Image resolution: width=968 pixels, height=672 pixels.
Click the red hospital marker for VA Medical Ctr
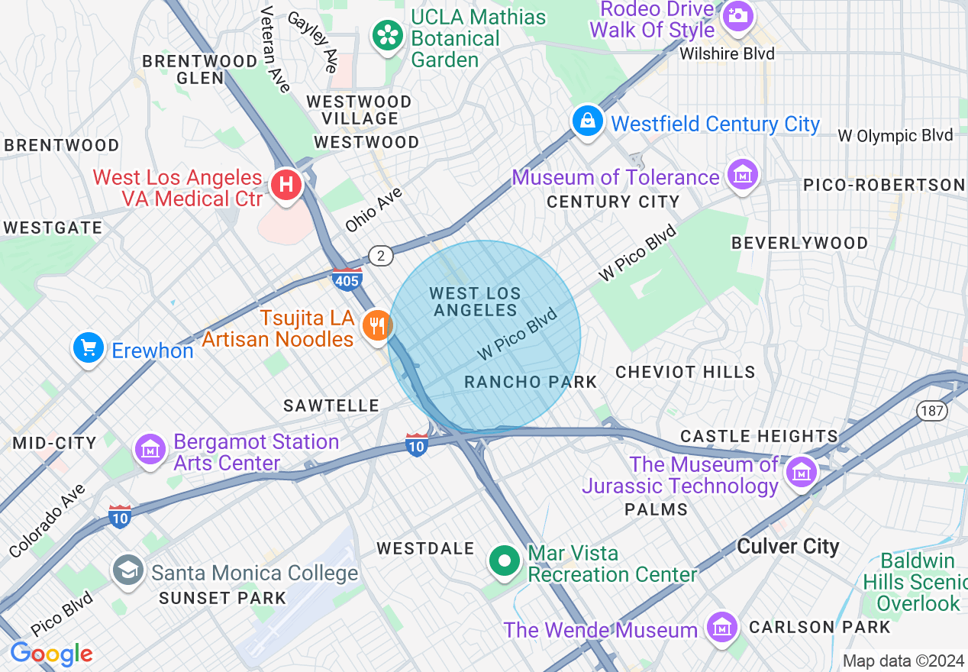tap(286, 185)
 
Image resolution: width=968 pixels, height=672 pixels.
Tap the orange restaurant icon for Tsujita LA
tap(376, 326)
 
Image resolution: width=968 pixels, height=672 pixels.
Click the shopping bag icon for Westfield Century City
tap(587, 122)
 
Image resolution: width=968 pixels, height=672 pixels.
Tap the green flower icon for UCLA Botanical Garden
tap(388, 35)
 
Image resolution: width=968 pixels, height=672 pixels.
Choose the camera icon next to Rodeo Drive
tap(737, 15)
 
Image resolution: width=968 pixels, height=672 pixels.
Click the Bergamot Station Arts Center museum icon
tap(150, 449)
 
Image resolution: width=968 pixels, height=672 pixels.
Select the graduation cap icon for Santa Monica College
tap(127, 570)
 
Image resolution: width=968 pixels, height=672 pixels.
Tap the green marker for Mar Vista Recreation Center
tap(504, 562)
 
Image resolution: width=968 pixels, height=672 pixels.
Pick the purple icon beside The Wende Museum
tap(721, 628)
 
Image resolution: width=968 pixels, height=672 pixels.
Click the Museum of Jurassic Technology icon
tap(802, 471)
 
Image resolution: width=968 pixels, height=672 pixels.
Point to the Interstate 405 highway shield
tap(347, 279)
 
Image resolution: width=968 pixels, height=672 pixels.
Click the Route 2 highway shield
tap(379, 255)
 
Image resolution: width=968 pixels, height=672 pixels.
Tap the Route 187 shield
tap(934, 411)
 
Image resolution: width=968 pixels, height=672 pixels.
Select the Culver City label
tap(788, 547)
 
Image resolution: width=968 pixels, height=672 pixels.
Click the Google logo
tap(51, 654)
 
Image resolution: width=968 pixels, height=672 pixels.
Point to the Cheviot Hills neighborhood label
tap(685, 372)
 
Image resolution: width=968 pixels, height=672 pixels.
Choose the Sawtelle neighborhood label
tap(331, 405)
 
